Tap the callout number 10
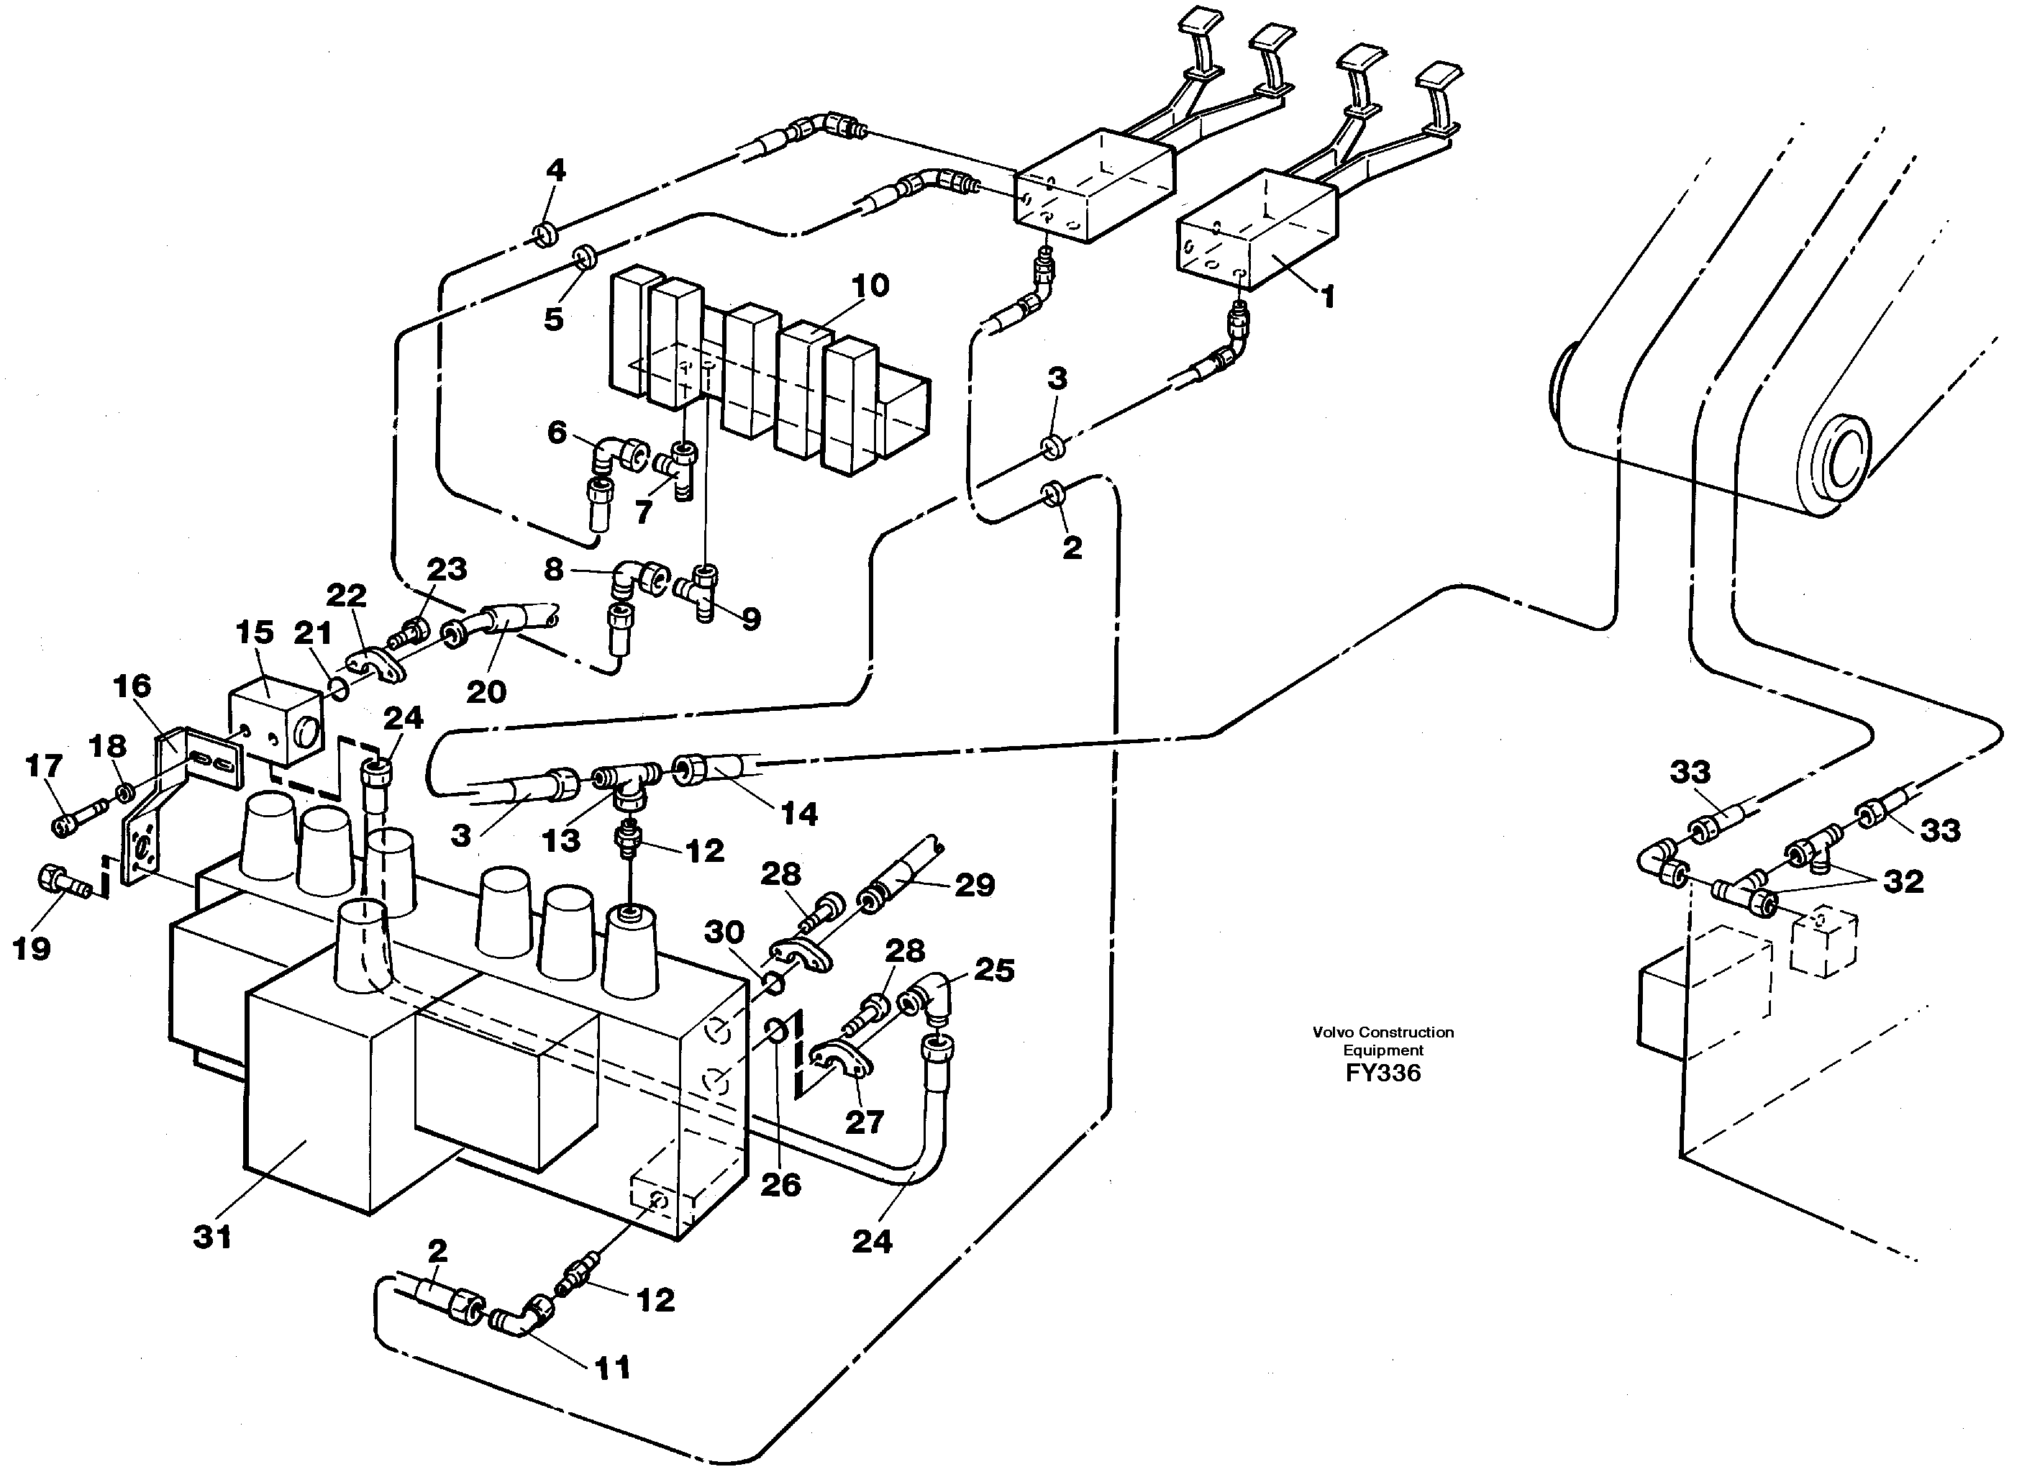point(870,286)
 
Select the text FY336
point(1383,1073)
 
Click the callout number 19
point(31,948)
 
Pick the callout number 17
point(44,766)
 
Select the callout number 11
point(612,1368)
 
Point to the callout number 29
point(974,885)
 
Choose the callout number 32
point(1903,881)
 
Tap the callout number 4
point(556,170)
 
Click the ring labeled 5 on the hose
point(586,259)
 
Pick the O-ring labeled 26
point(777,1033)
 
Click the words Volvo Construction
point(1383,1032)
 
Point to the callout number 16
point(132,686)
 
